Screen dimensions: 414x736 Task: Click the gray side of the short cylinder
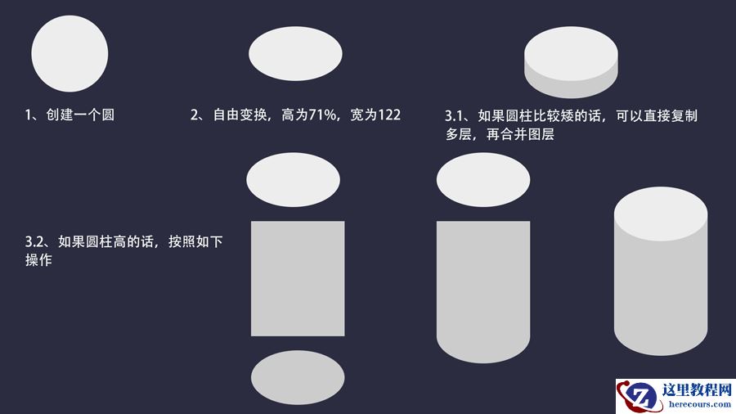[x=571, y=85]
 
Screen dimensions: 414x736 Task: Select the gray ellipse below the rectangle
[x=297, y=376]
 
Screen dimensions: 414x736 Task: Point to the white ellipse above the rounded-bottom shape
[x=483, y=179]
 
